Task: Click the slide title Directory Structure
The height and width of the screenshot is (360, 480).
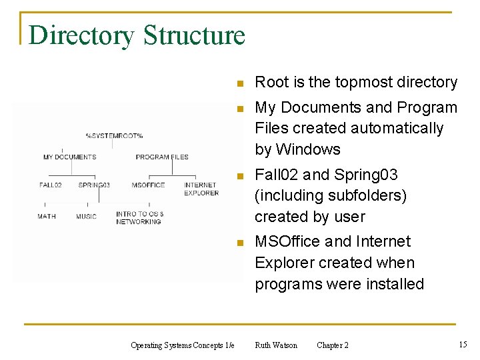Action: pyautogui.click(x=137, y=35)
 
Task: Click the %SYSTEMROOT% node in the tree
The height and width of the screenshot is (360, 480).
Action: pyautogui.click(x=114, y=136)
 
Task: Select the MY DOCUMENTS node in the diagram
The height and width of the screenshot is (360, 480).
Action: pyautogui.click(x=69, y=157)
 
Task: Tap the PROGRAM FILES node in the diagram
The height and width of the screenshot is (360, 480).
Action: pyautogui.click(x=162, y=157)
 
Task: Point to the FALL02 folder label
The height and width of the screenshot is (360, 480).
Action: pyautogui.click(x=51, y=185)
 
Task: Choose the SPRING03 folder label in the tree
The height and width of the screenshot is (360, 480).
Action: pyautogui.click(x=94, y=185)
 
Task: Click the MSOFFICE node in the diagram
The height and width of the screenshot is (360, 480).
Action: pyautogui.click(x=148, y=185)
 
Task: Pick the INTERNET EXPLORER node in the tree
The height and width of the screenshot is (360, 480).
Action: pyautogui.click(x=201, y=189)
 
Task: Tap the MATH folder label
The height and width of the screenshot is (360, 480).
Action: pyautogui.click(x=47, y=216)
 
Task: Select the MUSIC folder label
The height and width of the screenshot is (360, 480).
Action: pyautogui.click(x=86, y=216)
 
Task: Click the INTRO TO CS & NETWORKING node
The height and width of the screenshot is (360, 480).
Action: pyautogui.click(x=139, y=218)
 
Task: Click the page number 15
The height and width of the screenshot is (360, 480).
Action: pyautogui.click(x=463, y=344)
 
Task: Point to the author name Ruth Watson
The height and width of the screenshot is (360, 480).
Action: pyautogui.click(x=276, y=345)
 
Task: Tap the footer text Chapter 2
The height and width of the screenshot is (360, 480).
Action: pyautogui.click(x=332, y=345)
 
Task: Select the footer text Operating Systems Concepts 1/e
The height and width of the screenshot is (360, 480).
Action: pyautogui.click(x=183, y=345)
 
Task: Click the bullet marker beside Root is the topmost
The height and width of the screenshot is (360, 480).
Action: pyautogui.click(x=241, y=84)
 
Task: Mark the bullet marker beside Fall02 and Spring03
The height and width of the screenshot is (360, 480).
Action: pyautogui.click(x=241, y=176)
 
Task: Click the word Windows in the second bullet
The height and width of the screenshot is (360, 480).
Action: pyautogui.click(x=308, y=149)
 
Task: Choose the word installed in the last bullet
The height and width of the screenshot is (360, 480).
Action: pyautogui.click(x=391, y=284)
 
